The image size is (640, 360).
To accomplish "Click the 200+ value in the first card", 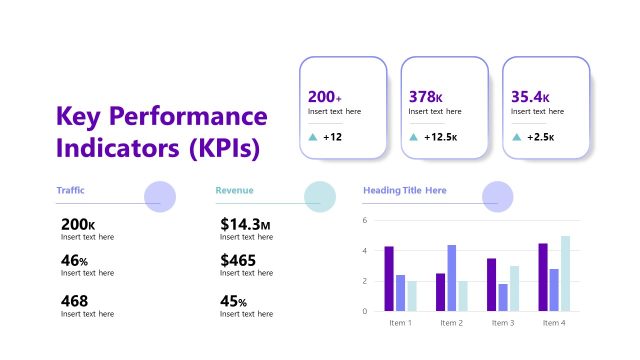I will pyautogui.click(x=325, y=97).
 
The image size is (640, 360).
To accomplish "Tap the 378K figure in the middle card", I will pyautogui.click(x=426, y=97).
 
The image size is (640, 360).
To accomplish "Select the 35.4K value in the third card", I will pyautogui.click(x=530, y=97).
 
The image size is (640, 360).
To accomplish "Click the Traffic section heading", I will pyautogui.click(x=70, y=190).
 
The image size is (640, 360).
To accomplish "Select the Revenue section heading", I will pyautogui.click(x=234, y=190).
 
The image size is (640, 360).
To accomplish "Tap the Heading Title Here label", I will pyautogui.click(x=404, y=190).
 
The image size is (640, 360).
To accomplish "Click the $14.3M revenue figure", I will pyautogui.click(x=245, y=224).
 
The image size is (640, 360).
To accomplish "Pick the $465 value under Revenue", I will pyautogui.click(x=238, y=260).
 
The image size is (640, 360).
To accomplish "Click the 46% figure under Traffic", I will pyautogui.click(x=74, y=260).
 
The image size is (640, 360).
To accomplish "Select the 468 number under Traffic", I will pyautogui.click(x=74, y=300).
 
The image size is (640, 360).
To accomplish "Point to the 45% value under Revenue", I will pyautogui.click(x=234, y=300).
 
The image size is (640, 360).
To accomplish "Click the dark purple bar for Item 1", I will pyautogui.click(x=389, y=279).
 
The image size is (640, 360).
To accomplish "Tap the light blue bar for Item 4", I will pyautogui.click(x=565, y=274).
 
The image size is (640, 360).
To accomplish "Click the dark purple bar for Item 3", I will pyautogui.click(x=491, y=285).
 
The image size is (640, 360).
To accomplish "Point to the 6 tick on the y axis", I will pyautogui.click(x=366, y=220).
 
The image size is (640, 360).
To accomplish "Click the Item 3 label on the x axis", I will pyautogui.click(x=503, y=323).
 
